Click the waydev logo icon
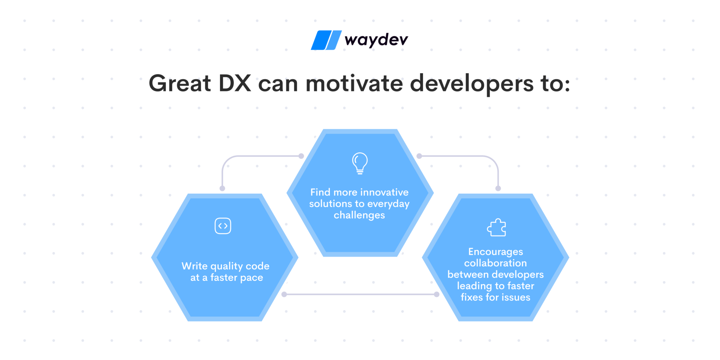[x=326, y=40]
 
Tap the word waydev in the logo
[x=376, y=40]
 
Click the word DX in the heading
[x=235, y=84]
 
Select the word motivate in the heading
[x=354, y=84]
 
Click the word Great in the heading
[x=180, y=84]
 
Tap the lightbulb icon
[x=360, y=163]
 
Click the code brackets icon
[x=223, y=226]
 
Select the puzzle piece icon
[x=496, y=227]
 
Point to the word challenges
[x=359, y=215]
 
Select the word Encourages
[x=495, y=252]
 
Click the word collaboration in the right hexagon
[x=495, y=263]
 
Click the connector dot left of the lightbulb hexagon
[x=301, y=156]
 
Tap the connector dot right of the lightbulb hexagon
[x=419, y=156]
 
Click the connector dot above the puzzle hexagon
[x=498, y=188]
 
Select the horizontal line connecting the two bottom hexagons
[x=360, y=294]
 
